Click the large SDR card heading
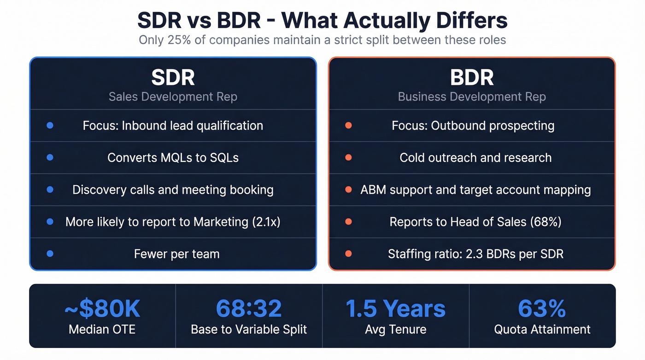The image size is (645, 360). click(x=173, y=77)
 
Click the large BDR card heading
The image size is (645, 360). click(x=472, y=77)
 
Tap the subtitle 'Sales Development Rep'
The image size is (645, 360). click(x=173, y=97)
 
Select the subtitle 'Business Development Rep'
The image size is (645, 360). click(x=472, y=97)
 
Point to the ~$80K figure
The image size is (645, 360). click(x=102, y=308)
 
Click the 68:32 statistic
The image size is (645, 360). click(x=249, y=308)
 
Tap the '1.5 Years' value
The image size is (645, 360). click(x=396, y=308)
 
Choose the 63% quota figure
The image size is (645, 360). click(x=542, y=308)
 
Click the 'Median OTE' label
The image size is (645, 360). click(x=102, y=330)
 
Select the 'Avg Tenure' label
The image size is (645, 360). click(x=396, y=330)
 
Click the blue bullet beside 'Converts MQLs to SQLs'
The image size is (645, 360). click(x=50, y=158)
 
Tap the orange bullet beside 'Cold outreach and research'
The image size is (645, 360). click(x=348, y=158)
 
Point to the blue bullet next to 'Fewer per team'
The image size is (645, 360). click(x=50, y=254)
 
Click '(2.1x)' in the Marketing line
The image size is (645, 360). click(x=266, y=222)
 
